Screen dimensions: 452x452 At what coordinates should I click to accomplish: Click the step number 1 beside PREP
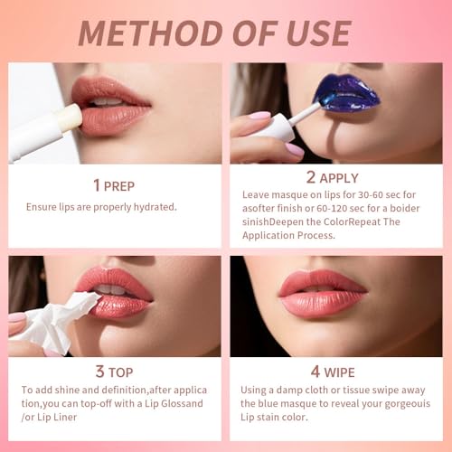click(96, 185)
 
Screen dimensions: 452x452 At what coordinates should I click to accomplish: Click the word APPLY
click(339, 178)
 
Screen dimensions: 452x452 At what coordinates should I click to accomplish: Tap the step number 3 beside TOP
click(98, 372)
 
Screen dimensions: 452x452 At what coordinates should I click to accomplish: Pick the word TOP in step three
click(120, 372)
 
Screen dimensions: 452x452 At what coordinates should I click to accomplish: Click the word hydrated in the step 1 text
click(151, 206)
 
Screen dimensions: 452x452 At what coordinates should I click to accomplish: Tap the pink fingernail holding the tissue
click(17, 318)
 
